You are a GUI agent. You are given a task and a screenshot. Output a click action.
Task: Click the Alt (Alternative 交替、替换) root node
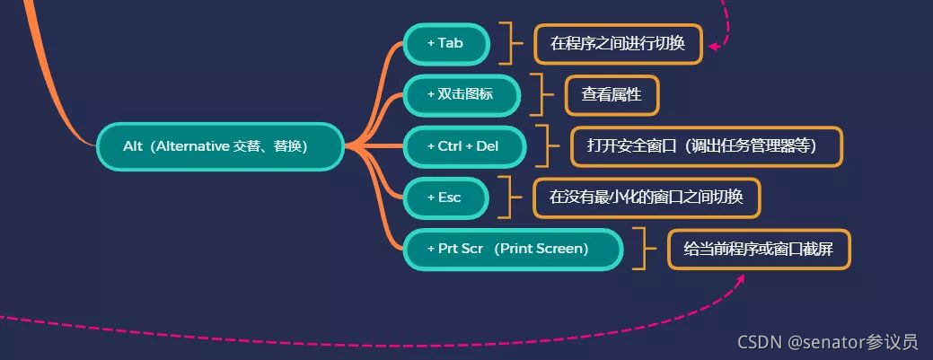(219, 146)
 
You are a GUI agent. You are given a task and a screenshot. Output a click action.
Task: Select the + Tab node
(445, 43)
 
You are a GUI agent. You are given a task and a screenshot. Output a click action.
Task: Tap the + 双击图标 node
(461, 94)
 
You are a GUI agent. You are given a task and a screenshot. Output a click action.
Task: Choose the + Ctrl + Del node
(463, 146)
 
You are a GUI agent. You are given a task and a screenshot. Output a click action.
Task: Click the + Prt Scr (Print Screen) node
(512, 249)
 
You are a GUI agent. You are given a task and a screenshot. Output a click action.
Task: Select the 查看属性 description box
(612, 94)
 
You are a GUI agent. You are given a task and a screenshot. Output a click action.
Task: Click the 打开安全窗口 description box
(707, 146)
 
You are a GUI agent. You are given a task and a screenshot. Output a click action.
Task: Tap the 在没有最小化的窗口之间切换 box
(647, 198)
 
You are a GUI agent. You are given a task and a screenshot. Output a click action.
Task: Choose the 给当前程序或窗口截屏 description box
(759, 249)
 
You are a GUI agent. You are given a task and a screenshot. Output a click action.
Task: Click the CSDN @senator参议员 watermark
(827, 342)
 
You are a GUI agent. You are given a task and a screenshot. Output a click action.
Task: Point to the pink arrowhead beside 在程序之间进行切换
(714, 47)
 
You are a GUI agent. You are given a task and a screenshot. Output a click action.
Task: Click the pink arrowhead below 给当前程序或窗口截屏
(742, 280)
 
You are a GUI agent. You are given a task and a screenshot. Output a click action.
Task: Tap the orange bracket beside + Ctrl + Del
(545, 146)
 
